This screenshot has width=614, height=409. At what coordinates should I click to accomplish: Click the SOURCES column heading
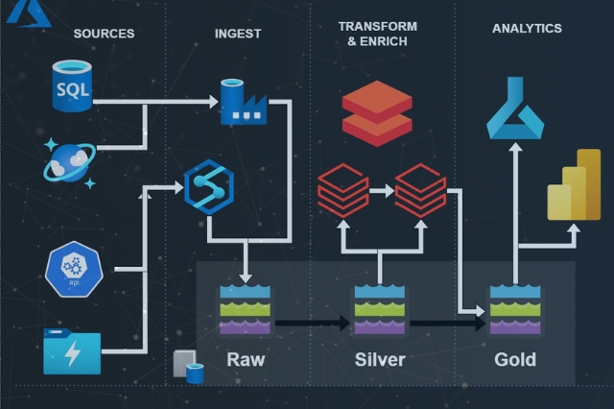(104, 34)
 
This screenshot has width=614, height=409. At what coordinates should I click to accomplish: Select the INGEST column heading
(238, 34)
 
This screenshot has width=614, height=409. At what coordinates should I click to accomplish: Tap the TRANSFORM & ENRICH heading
(377, 34)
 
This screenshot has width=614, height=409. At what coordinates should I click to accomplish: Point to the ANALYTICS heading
(527, 29)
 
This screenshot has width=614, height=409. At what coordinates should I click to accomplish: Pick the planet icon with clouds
(69, 158)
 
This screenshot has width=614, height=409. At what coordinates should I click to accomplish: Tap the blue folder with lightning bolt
(72, 350)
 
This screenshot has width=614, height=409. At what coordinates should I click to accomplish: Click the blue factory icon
(243, 102)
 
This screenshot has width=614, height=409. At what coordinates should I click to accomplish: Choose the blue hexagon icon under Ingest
(209, 185)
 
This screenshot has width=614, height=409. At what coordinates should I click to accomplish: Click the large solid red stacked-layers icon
(377, 112)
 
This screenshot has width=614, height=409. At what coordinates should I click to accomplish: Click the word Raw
(246, 360)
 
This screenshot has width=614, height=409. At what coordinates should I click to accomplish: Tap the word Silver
(380, 360)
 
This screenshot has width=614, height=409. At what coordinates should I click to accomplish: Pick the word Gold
(515, 360)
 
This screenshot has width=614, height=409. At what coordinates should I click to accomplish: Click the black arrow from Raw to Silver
(311, 325)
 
